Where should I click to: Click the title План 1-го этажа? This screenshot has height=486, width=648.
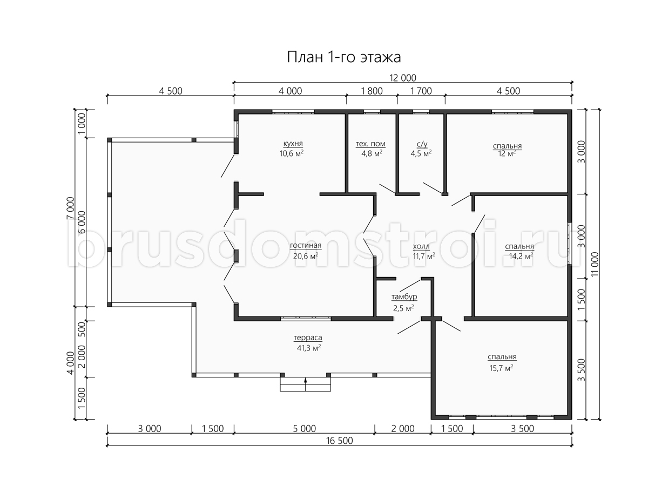tap(343, 57)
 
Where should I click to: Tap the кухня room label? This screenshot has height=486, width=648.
tap(293, 144)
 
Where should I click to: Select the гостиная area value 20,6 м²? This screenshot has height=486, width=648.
tap(306, 256)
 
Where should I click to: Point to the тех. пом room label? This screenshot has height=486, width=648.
tap(370, 144)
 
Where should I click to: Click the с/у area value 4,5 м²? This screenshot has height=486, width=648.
tap(421, 153)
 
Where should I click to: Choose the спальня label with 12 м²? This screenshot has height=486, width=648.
tap(507, 146)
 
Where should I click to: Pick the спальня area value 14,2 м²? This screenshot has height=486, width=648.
tap(521, 256)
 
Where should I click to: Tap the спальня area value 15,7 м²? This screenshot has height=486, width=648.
tap(501, 368)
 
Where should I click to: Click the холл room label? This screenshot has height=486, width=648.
tap(421, 246)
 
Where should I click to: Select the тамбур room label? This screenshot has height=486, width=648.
tap(404, 296)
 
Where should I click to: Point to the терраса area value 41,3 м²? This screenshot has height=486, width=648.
tap(309, 348)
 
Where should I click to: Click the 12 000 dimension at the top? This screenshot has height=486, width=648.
tap(403, 78)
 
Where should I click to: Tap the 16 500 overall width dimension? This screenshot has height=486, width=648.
tap(340, 441)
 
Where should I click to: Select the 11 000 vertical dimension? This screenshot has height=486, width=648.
tap(595, 264)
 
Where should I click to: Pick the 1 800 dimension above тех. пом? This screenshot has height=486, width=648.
tap(372, 91)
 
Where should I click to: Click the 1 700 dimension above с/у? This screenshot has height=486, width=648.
tap(421, 91)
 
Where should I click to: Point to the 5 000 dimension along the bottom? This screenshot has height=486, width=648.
tap(305, 428)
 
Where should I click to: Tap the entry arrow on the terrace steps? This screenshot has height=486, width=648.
tap(305, 384)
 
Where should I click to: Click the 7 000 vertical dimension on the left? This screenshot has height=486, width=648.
tap(71, 208)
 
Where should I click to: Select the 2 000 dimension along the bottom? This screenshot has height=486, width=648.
tap(403, 428)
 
